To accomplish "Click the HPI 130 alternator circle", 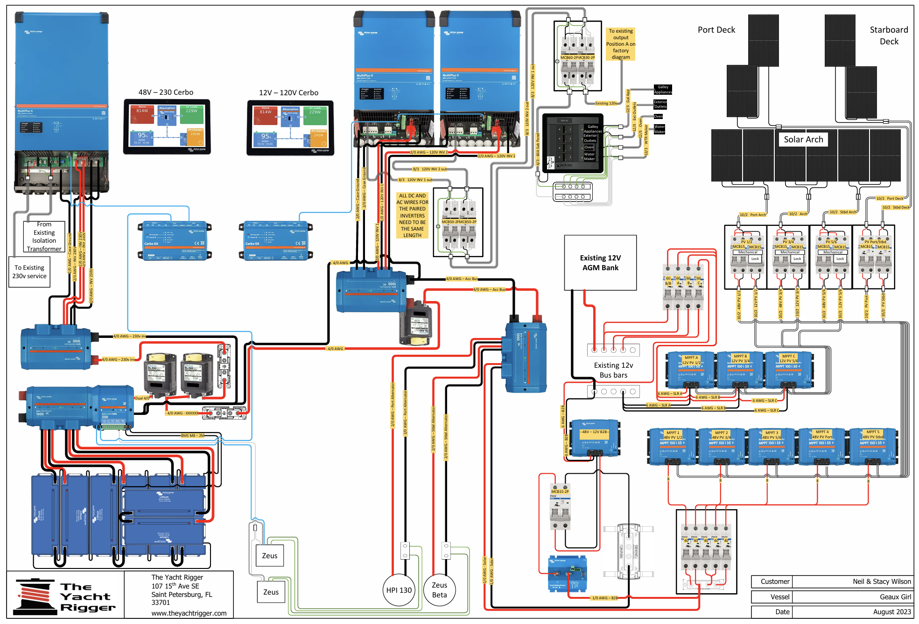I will tap(399, 590).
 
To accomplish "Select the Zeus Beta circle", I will tap(439, 590).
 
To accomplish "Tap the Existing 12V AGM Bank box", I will tap(600, 263).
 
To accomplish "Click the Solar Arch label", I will tap(803, 140).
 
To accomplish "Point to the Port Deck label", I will tap(716, 30).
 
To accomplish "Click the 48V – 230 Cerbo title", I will tap(166, 92).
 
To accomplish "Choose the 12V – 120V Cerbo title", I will tap(288, 93).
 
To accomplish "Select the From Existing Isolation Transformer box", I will tap(44, 237).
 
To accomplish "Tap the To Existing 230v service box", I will tap(29, 272).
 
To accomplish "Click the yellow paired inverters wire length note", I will tap(412, 216).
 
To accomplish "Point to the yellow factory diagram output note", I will tap(621, 44).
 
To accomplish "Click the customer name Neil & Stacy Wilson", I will tap(881, 582).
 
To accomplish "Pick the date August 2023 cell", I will tap(891, 612).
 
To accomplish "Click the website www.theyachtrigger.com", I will tap(189, 613).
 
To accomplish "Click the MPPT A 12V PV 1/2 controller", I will tap(690, 370).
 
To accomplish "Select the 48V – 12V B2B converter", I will tap(595, 438).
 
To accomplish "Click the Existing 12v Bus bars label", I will tap(613, 370).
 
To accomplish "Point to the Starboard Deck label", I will tap(889, 35).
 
